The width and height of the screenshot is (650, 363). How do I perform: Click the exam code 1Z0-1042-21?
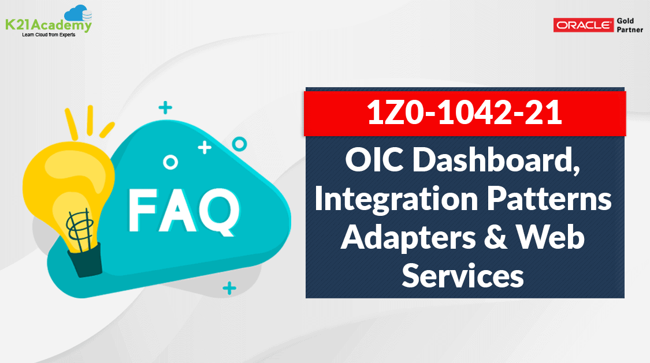pyautogui.click(x=465, y=112)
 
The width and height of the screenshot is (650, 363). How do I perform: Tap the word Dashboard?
pyautogui.click(x=496, y=160)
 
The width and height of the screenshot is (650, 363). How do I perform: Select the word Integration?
pyautogui.click(x=396, y=200)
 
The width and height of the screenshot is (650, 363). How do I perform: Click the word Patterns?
pyautogui.click(x=549, y=199)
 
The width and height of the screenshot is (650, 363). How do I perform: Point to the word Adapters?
pyautogui.click(x=408, y=238)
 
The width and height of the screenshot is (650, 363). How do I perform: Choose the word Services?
pyautogui.click(x=463, y=275)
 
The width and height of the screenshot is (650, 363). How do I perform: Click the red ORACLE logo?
pyautogui.click(x=583, y=25)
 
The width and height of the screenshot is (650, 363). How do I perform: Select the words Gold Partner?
pyautogui.click(x=630, y=25)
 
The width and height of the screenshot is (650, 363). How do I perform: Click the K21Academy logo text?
pyautogui.click(x=49, y=25)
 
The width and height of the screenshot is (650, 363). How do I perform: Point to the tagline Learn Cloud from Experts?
pyautogui.click(x=49, y=35)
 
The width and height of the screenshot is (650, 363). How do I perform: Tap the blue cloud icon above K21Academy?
pyautogui.click(x=79, y=13)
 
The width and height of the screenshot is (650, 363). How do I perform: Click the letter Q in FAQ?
pyautogui.click(x=220, y=212)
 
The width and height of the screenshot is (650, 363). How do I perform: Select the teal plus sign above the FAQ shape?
pyautogui.click(x=165, y=107)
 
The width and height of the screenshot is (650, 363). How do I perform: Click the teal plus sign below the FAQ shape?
pyautogui.click(x=229, y=288)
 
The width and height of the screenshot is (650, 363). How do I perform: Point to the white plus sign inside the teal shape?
pyautogui.click(x=205, y=147)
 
